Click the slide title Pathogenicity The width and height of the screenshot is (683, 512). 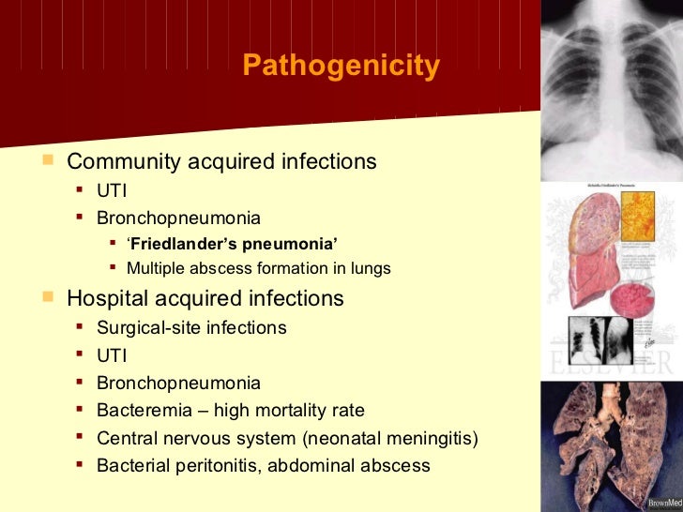point(341,67)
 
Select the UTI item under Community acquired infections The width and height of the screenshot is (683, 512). point(112,190)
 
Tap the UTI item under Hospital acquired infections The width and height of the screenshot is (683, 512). point(112,355)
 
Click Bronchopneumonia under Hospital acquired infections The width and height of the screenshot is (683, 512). point(179,384)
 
